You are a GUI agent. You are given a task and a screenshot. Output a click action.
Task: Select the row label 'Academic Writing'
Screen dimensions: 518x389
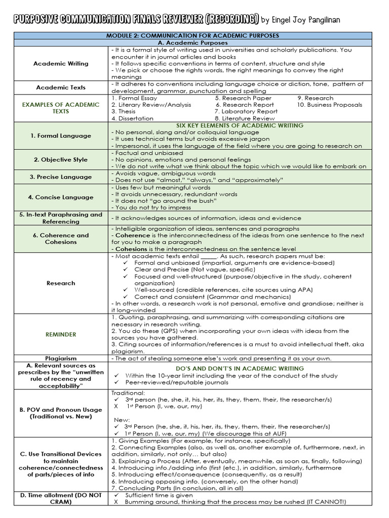pyautogui.click(x=61, y=64)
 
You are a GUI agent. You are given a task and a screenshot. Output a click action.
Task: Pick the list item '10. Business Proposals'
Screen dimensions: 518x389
pyautogui.click(x=330, y=105)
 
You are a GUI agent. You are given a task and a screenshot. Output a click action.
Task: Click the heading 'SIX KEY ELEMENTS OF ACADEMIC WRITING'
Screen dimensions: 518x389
pyautogui.click(x=240, y=125)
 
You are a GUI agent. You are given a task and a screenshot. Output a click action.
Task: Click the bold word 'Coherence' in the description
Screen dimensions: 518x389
pyautogui.click(x=130, y=235)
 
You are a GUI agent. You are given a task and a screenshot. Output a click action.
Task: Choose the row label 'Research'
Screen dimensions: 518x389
pyautogui.click(x=61, y=283)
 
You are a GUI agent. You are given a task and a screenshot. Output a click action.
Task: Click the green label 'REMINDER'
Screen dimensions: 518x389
pyautogui.click(x=61, y=334)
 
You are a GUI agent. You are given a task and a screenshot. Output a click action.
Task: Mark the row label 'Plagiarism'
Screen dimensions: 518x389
pyautogui.click(x=61, y=358)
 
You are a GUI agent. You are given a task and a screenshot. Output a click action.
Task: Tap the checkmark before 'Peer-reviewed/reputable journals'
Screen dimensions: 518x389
pyautogui.click(x=116, y=382)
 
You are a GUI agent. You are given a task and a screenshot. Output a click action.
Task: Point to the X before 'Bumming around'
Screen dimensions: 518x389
pyautogui.click(x=116, y=501)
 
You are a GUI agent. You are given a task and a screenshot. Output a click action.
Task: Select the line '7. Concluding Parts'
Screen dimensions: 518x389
pyautogui.click(x=170, y=488)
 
